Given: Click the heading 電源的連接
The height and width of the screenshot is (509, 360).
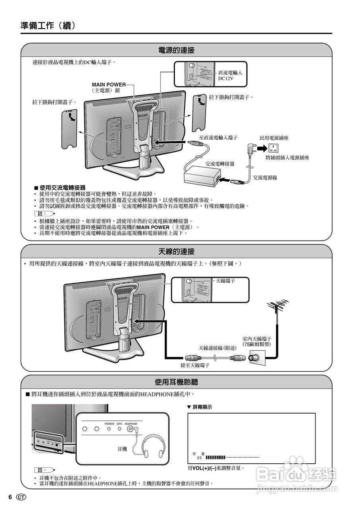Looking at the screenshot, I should tap(176, 51).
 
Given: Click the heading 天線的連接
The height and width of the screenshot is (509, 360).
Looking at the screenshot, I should tap(176, 252).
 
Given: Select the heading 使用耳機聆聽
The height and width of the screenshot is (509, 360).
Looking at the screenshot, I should tap(176, 382).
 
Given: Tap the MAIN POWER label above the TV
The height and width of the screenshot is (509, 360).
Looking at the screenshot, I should tap(109, 85).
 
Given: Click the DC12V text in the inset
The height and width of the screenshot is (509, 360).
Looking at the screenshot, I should tap(226, 79).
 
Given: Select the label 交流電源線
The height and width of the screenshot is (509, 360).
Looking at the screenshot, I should tap(265, 177).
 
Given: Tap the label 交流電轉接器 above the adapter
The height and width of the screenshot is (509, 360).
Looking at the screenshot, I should tap(220, 163).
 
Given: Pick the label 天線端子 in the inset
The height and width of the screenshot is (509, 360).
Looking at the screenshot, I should tap(225, 281).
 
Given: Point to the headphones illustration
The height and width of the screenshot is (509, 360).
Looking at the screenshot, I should tap(154, 447).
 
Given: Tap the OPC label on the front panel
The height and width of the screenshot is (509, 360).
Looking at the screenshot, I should tap(119, 424).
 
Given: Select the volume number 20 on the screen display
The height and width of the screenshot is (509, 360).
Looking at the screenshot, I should tap(199, 458).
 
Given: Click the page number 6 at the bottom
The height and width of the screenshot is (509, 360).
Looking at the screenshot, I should tap(10, 497).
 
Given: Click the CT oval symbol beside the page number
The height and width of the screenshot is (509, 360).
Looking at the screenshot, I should tap(21, 497).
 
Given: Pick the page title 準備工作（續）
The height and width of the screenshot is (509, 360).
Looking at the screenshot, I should tap(48, 26).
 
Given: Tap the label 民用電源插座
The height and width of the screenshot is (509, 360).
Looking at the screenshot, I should tap(274, 138).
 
